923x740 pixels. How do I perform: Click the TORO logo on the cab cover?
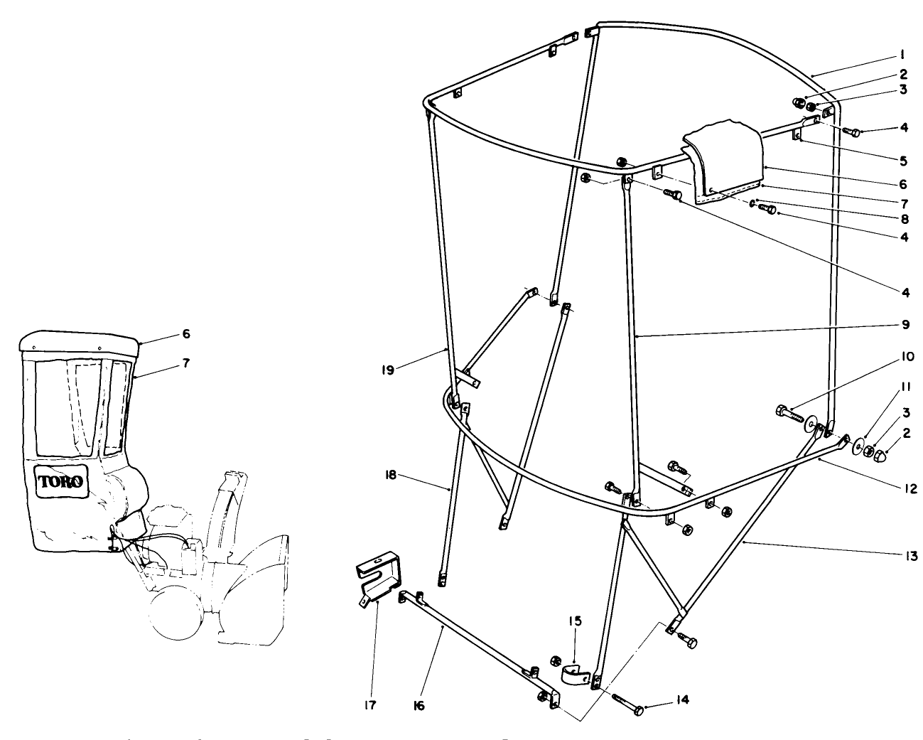click(x=61, y=481)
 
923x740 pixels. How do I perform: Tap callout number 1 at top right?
click(x=900, y=54)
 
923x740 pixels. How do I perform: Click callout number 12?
click(x=909, y=489)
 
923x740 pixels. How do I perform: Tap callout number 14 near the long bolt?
click(x=681, y=700)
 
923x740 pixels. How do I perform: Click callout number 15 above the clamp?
click(x=574, y=621)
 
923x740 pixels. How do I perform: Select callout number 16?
click(x=419, y=707)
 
